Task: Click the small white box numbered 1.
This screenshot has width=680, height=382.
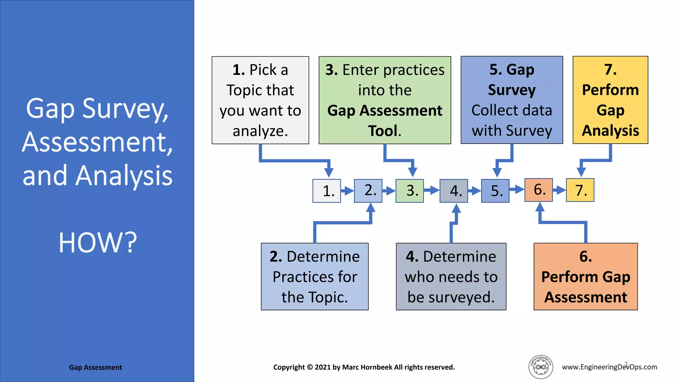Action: click(327, 191)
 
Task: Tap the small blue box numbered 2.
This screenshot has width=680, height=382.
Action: click(368, 190)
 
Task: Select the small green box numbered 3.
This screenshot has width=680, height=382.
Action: click(410, 191)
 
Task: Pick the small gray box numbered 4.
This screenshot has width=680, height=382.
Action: click(454, 191)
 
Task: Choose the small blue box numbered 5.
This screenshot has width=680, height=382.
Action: click(495, 191)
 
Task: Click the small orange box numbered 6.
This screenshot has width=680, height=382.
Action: click(539, 190)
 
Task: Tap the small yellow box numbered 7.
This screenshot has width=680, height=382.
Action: click(580, 190)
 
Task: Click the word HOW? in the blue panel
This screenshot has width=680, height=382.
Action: click(98, 243)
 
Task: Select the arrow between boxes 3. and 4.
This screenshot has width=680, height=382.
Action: click(432, 190)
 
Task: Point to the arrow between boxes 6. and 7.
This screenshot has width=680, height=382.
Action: click(559, 190)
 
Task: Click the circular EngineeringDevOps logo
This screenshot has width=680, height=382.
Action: click(541, 367)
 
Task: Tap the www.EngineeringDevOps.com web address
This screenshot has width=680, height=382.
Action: click(609, 367)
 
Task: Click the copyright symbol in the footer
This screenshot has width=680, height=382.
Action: click(310, 367)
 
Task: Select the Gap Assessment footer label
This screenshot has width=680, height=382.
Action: click(95, 367)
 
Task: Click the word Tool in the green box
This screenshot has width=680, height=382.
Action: click(382, 131)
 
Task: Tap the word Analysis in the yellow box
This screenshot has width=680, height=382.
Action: click(610, 131)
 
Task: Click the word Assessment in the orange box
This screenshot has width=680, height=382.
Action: click(586, 297)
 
